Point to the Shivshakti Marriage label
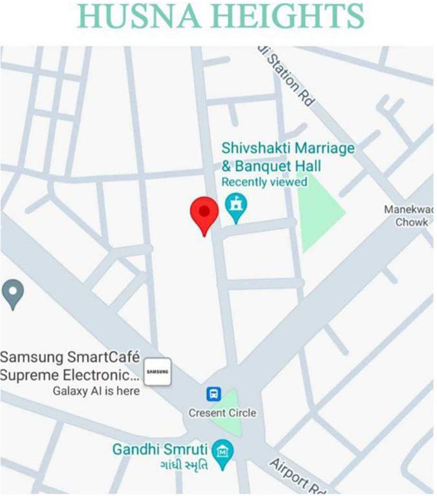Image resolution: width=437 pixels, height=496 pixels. pos(288,148)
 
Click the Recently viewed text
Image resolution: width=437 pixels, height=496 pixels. pos(264,182)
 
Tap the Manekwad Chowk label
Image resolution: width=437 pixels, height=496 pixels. pos(409,216)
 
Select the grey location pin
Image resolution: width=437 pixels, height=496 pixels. pos(13,293)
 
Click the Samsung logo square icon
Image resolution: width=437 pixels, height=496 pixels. pos(157,371)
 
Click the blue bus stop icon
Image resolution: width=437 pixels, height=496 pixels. pos(214,394)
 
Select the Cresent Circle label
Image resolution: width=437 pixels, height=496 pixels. pos(222,413)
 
